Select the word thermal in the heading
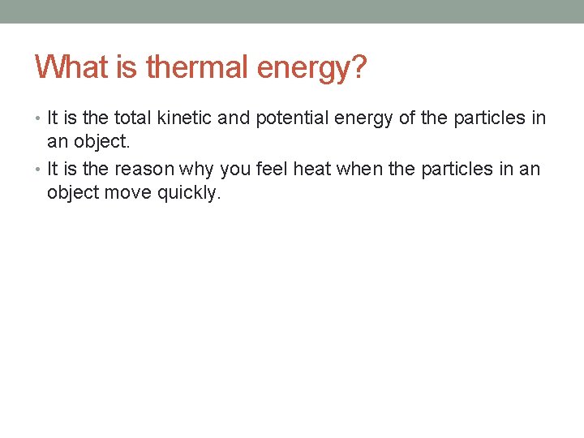pyautogui.click(x=197, y=67)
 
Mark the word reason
pyautogui.click(x=142, y=170)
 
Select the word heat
pyautogui.click(x=312, y=170)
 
